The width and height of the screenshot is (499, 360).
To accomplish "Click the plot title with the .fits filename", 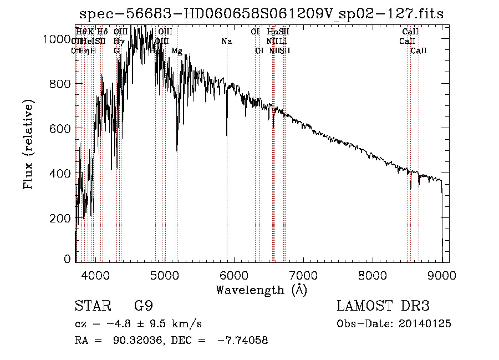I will coord(262,14).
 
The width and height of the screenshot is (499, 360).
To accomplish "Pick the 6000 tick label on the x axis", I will coord(234,275).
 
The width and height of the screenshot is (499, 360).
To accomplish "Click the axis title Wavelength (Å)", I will coord(261,290).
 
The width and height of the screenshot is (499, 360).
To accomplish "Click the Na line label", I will coord(226,41).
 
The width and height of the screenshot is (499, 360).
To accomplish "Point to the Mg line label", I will coord(176,50).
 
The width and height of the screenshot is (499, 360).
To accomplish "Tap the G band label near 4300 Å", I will coord(116,50).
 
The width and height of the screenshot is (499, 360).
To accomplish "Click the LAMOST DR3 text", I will coord(383,306).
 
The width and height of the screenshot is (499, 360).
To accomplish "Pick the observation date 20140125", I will coord(427,324).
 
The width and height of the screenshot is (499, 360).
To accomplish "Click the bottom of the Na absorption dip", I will coord(226,135).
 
